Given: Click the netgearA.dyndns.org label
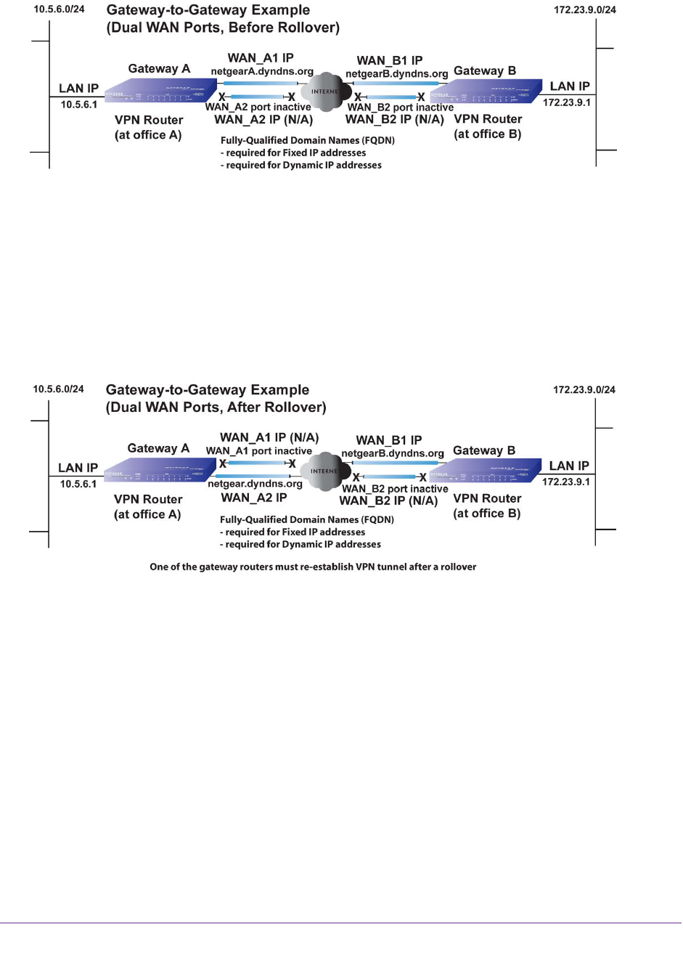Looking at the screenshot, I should pyautogui.click(x=262, y=72).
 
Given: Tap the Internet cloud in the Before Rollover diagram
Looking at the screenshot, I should pyautogui.click(x=324, y=92).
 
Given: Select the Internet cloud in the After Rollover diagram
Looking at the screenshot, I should pyautogui.click(x=324, y=471).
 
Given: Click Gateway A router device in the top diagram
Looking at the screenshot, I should pyautogui.click(x=160, y=92).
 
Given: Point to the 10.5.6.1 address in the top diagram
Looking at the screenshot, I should pyautogui.click(x=78, y=105).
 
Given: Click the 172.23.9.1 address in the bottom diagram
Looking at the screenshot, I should pyautogui.click(x=566, y=482).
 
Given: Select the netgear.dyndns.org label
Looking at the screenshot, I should pyautogui.click(x=255, y=484).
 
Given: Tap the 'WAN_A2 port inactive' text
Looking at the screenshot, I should pyautogui.click(x=258, y=108).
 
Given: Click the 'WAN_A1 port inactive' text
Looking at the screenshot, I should pyautogui.click(x=258, y=451).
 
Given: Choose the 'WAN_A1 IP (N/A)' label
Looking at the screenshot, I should pyautogui.click(x=269, y=437).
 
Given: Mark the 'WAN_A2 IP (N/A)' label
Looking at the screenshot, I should pyautogui.click(x=263, y=120).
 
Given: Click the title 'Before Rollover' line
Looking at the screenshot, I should pyautogui.click(x=223, y=28).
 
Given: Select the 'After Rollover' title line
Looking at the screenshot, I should pyautogui.click(x=216, y=408).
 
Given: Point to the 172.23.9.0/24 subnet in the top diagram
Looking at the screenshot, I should pyautogui.click(x=584, y=10).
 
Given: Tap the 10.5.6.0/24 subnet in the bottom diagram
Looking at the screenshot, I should pyautogui.click(x=58, y=389).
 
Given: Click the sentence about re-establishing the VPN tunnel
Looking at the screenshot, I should pyautogui.click(x=313, y=567).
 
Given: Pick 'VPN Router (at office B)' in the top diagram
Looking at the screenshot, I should pyautogui.click(x=488, y=126).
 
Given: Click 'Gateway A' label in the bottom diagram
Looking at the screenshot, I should pyautogui.click(x=158, y=448).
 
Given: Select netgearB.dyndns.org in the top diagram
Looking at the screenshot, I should pyautogui.click(x=396, y=74).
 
